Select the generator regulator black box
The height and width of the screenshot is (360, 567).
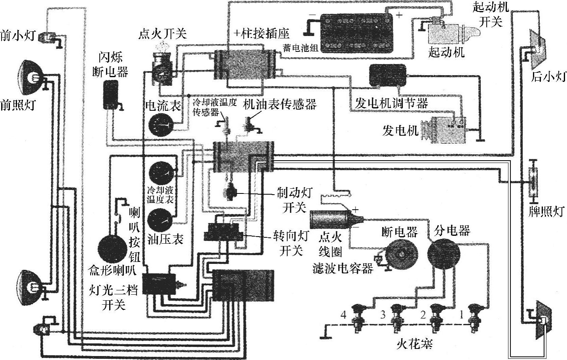(387, 75)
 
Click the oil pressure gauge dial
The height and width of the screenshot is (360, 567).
(160, 221)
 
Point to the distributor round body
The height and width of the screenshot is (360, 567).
(443, 253)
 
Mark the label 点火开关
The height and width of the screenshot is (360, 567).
(162, 34)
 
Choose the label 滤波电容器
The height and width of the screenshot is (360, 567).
(342, 269)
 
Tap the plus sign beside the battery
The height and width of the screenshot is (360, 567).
(399, 15)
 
